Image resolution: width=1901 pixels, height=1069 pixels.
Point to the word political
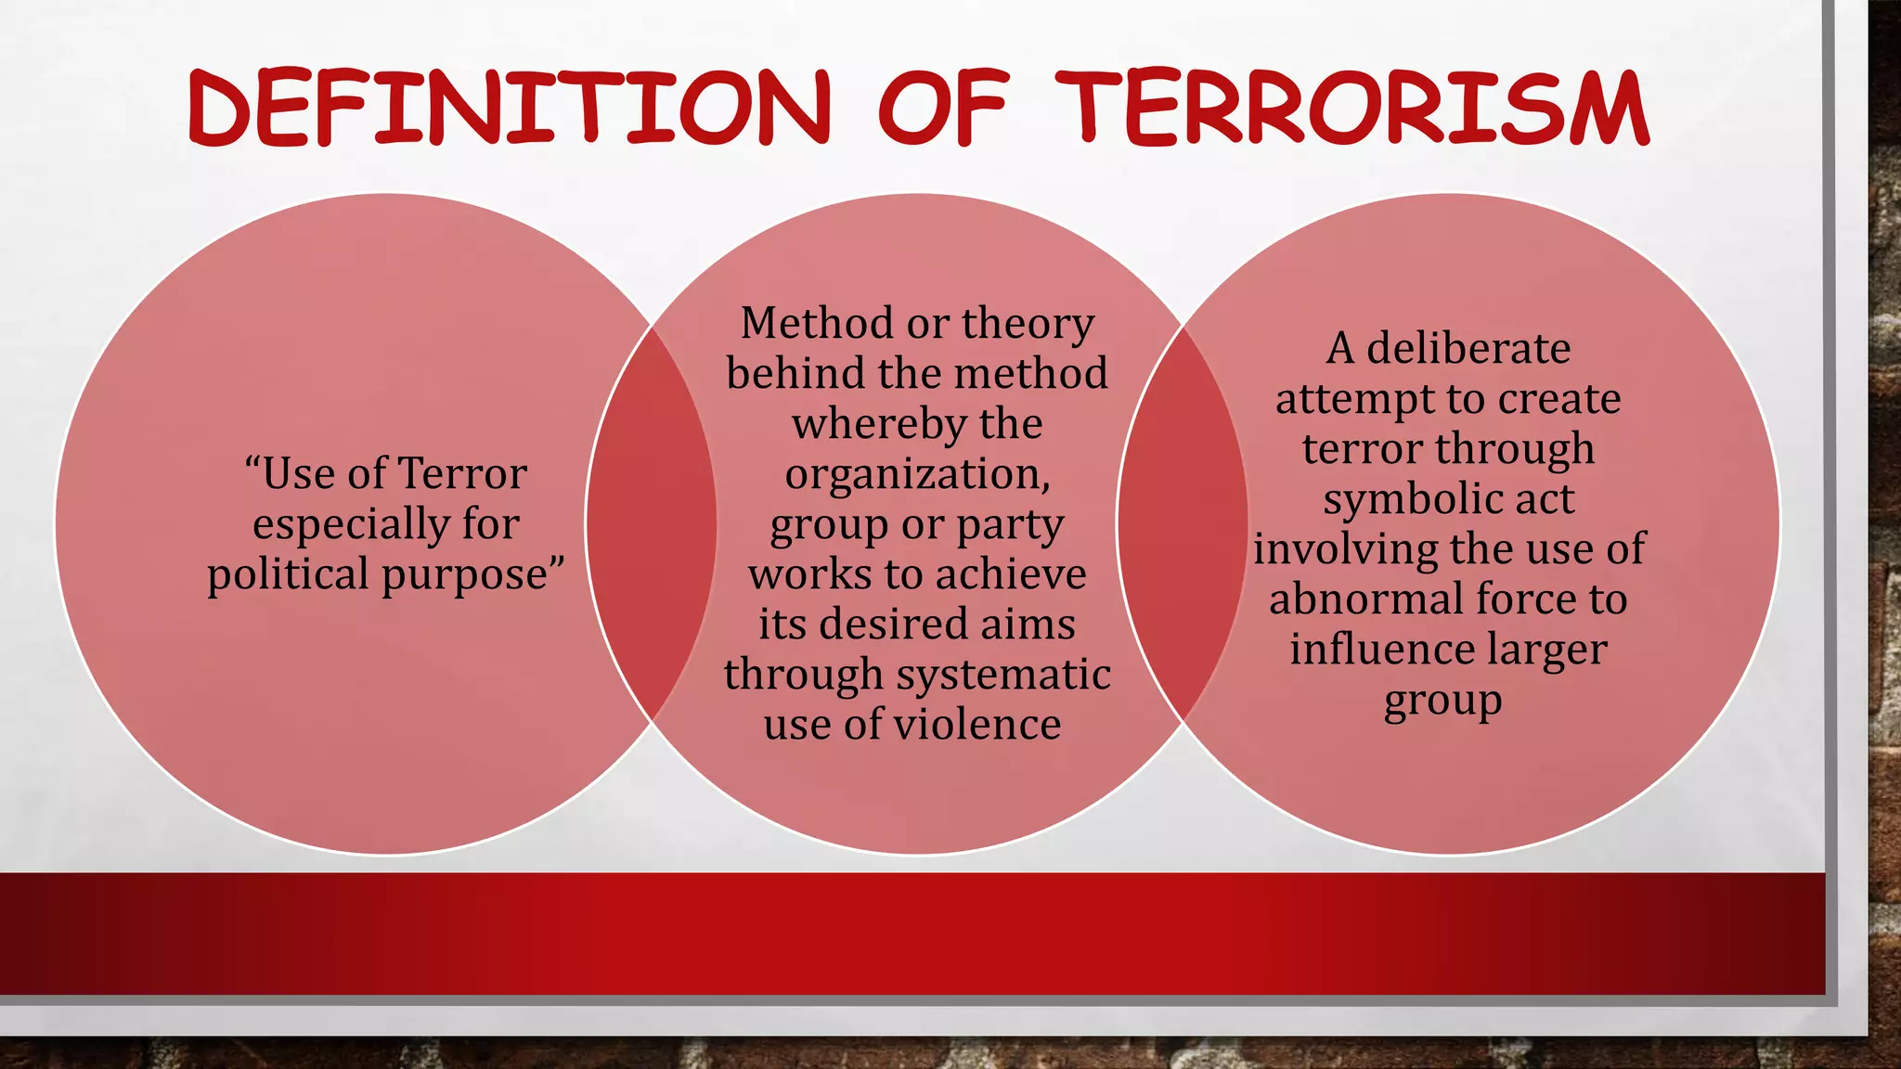pyautogui.click(x=289, y=574)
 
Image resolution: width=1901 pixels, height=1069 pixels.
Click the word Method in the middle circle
pyautogui.click(x=816, y=323)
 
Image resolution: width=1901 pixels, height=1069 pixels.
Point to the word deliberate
pyautogui.click(x=1468, y=349)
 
